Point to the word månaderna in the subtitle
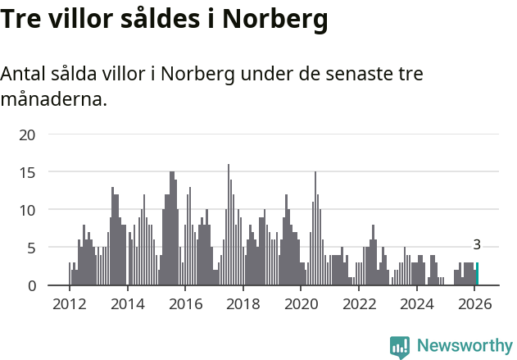tap(53, 101)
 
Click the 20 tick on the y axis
tap(27, 134)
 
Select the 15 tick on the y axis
tap(27, 172)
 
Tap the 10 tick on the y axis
tap(27, 210)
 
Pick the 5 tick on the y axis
tap(31, 248)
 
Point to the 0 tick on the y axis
tap(31, 285)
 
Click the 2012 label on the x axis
tap(69, 304)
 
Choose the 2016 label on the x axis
tap(185, 304)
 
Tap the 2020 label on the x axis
tap(301, 304)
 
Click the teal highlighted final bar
tap(477, 274)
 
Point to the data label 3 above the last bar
tap(477, 244)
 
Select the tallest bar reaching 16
tap(229, 226)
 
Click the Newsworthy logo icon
tap(400, 347)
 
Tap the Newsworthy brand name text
tap(464, 346)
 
